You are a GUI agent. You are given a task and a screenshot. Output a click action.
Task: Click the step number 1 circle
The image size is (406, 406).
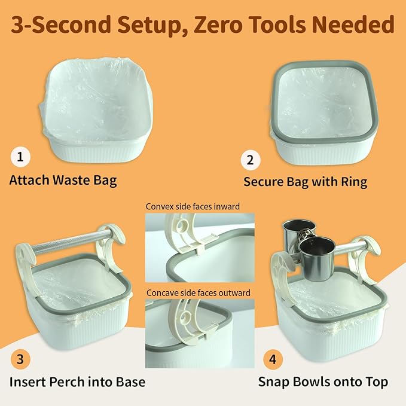(x=20, y=158)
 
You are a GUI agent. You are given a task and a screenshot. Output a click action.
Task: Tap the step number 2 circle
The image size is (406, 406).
(x=250, y=160)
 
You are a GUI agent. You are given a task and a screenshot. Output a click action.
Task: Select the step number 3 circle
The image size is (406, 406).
(x=20, y=359)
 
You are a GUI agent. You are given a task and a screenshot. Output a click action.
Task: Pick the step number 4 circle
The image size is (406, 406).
(x=272, y=361)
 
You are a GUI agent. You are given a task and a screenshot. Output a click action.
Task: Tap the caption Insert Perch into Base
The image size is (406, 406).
(x=77, y=382)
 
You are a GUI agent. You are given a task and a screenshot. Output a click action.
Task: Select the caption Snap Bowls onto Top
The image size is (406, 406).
(x=323, y=382)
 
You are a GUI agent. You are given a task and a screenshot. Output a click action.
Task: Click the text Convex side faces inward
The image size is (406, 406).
(x=193, y=206)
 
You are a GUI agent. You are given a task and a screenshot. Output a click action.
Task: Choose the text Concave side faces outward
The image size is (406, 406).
(x=198, y=293)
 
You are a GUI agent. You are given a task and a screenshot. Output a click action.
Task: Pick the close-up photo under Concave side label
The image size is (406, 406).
(x=199, y=332)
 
